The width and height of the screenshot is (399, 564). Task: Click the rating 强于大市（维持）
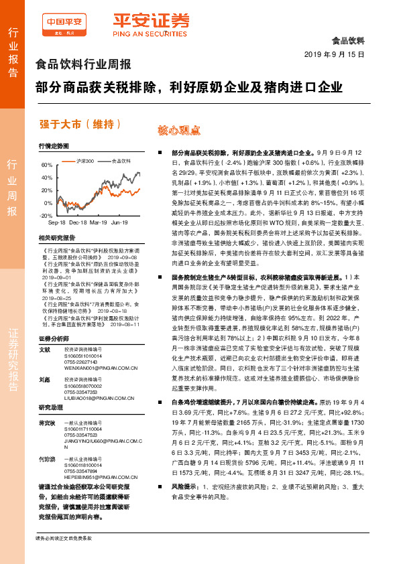click(80, 124)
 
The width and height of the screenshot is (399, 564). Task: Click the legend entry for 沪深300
click(83, 161)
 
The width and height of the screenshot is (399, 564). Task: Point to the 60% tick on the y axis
click(46, 165)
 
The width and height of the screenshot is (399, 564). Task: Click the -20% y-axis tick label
click(46, 216)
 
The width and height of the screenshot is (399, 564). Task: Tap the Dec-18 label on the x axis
click(78, 221)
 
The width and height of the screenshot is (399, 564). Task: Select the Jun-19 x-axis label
click(119, 221)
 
